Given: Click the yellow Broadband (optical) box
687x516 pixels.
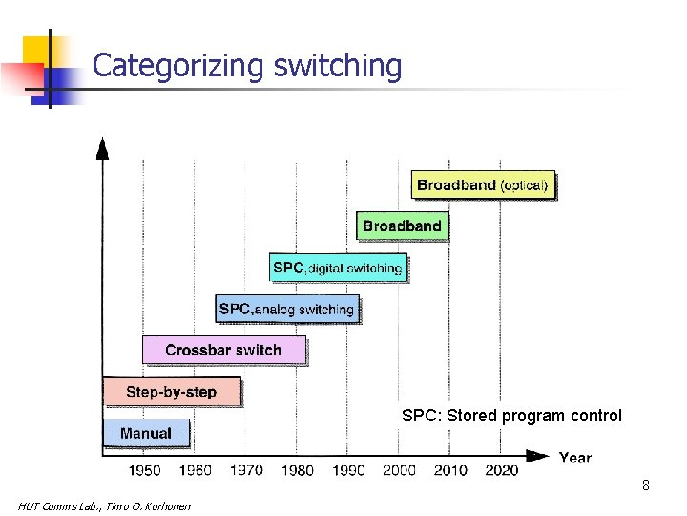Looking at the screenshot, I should pyautogui.click(x=483, y=185).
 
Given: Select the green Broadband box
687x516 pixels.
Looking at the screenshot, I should pyautogui.click(x=402, y=226).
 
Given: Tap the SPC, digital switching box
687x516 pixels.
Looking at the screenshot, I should pyautogui.click(x=338, y=268).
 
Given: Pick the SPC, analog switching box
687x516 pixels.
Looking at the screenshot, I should pyautogui.click(x=286, y=309).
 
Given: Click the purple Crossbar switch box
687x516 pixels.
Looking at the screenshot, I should pyautogui.click(x=223, y=350).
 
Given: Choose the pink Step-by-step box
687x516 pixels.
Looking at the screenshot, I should pyautogui.click(x=172, y=392).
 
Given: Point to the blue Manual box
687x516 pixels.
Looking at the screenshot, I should pyautogui.click(x=146, y=433).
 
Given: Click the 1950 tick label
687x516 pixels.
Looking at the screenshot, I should pyautogui.click(x=144, y=469).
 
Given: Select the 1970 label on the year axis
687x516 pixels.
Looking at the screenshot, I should pyautogui.click(x=246, y=469).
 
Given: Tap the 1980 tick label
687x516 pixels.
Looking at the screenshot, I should pyautogui.click(x=297, y=469).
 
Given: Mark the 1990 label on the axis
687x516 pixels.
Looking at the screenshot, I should pyautogui.click(x=348, y=469).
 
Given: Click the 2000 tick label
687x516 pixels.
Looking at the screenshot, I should pyautogui.click(x=399, y=469).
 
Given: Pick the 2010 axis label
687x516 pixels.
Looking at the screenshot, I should pyautogui.click(x=450, y=469).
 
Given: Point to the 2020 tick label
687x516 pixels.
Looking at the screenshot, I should pyautogui.click(x=502, y=469).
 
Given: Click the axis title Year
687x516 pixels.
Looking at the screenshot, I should pyautogui.click(x=574, y=458).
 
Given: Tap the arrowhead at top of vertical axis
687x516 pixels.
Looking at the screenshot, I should pyautogui.click(x=103, y=147).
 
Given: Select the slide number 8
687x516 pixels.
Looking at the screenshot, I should pyautogui.click(x=646, y=485).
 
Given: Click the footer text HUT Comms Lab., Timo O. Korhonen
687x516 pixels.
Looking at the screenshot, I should pyautogui.click(x=104, y=505).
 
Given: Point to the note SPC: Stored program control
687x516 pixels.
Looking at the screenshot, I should pyautogui.click(x=511, y=416).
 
